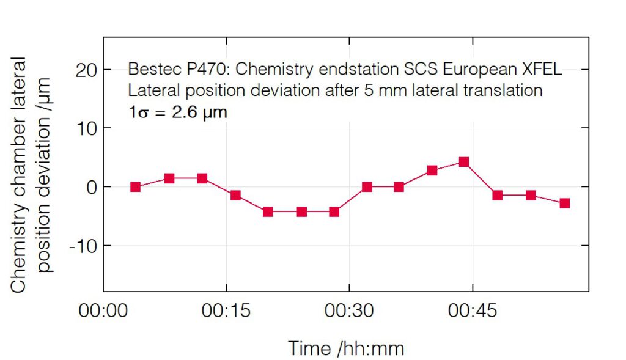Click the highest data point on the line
464,162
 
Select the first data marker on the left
135,187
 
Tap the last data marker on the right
565,203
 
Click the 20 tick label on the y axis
88,70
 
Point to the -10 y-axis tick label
84,246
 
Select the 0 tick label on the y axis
92,187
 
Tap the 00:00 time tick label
103,311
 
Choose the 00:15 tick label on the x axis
227,311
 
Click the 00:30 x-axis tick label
350,311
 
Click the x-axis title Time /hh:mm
346,348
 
